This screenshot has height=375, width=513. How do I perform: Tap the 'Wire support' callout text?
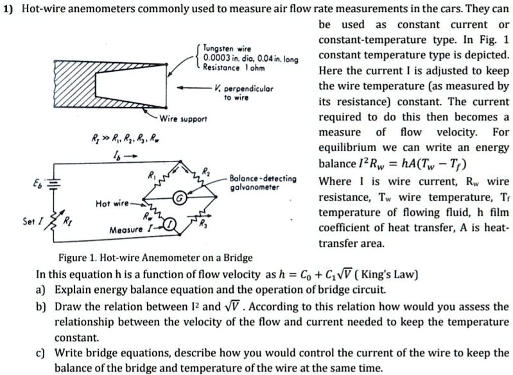coord(183,119)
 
